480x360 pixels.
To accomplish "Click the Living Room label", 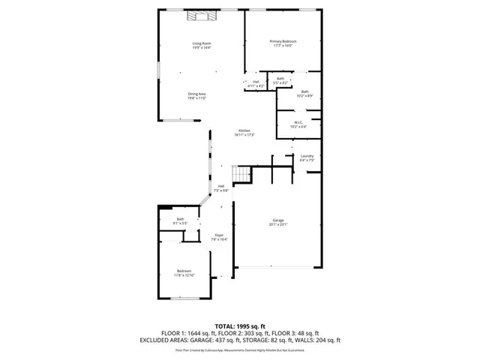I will [x=201, y=43].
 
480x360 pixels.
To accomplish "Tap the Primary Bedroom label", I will [x=283, y=41].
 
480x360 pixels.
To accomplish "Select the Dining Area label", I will [x=196, y=94].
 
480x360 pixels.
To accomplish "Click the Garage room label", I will [x=277, y=220].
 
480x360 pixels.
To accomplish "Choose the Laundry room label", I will [x=306, y=156].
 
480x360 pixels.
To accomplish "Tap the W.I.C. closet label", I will [x=298, y=123].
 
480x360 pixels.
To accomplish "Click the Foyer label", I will [x=220, y=235].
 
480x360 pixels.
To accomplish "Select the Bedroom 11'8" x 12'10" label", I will [x=184, y=271].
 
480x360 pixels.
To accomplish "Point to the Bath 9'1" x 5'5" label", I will [x=180, y=219].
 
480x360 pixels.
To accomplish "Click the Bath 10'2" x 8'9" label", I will [x=304, y=91].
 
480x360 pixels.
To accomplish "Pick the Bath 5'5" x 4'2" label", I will [x=280, y=78].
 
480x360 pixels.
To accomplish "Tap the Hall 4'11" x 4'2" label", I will [x=256, y=82].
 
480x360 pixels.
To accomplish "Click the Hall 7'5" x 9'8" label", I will [x=221, y=186].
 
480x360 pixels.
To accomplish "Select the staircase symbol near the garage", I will [x=239, y=175].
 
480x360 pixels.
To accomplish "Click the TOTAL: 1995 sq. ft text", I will [x=240, y=325].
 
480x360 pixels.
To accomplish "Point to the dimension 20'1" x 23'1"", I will [x=277, y=223].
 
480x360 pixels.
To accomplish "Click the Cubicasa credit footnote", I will [x=240, y=349].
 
